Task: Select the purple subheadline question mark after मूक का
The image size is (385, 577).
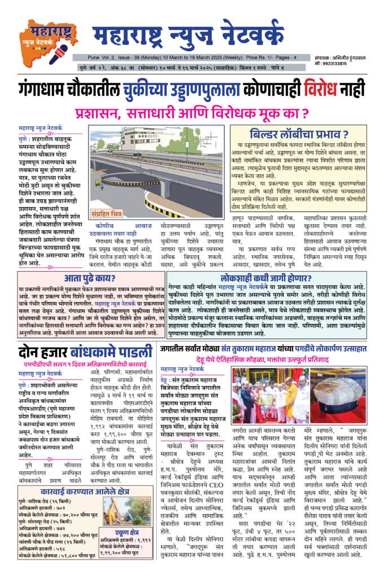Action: coord(304,113)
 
